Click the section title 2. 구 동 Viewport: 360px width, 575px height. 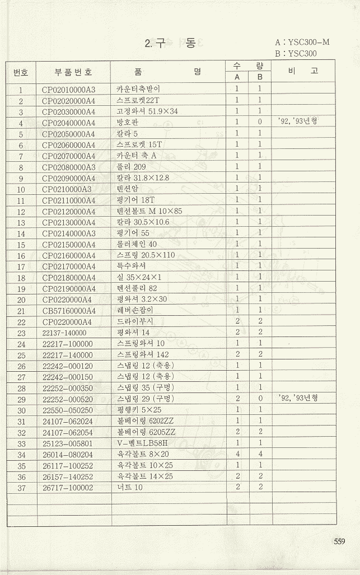tap(170, 44)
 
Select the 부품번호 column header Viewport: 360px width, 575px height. tap(73, 72)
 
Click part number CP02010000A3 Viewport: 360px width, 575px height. tap(69, 90)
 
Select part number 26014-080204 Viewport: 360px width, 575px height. tap(68, 455)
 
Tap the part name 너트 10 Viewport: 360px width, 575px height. tap(130, 488)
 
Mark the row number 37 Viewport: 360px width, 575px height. tap(21, 488)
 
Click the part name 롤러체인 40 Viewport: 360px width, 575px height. tap(137, 245)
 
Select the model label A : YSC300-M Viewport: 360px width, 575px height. tap(302, 42)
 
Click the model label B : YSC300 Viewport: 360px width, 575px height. tap(296, 54)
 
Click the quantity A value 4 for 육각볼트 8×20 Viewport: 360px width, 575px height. tap(237, 455)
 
